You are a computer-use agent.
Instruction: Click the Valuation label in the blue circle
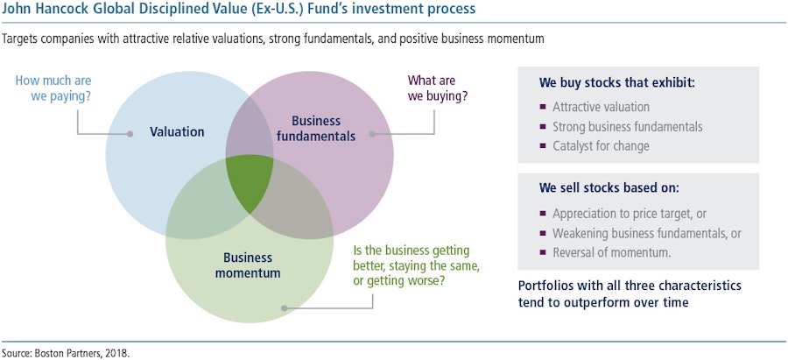177,132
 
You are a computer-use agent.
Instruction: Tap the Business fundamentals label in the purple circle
323,128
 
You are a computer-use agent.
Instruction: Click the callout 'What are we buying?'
438,88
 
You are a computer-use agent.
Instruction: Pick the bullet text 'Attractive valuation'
601,106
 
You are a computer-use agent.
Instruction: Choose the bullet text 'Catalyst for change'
601,145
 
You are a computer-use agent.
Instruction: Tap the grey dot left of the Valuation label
130,133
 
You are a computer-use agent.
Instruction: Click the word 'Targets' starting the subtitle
23,39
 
